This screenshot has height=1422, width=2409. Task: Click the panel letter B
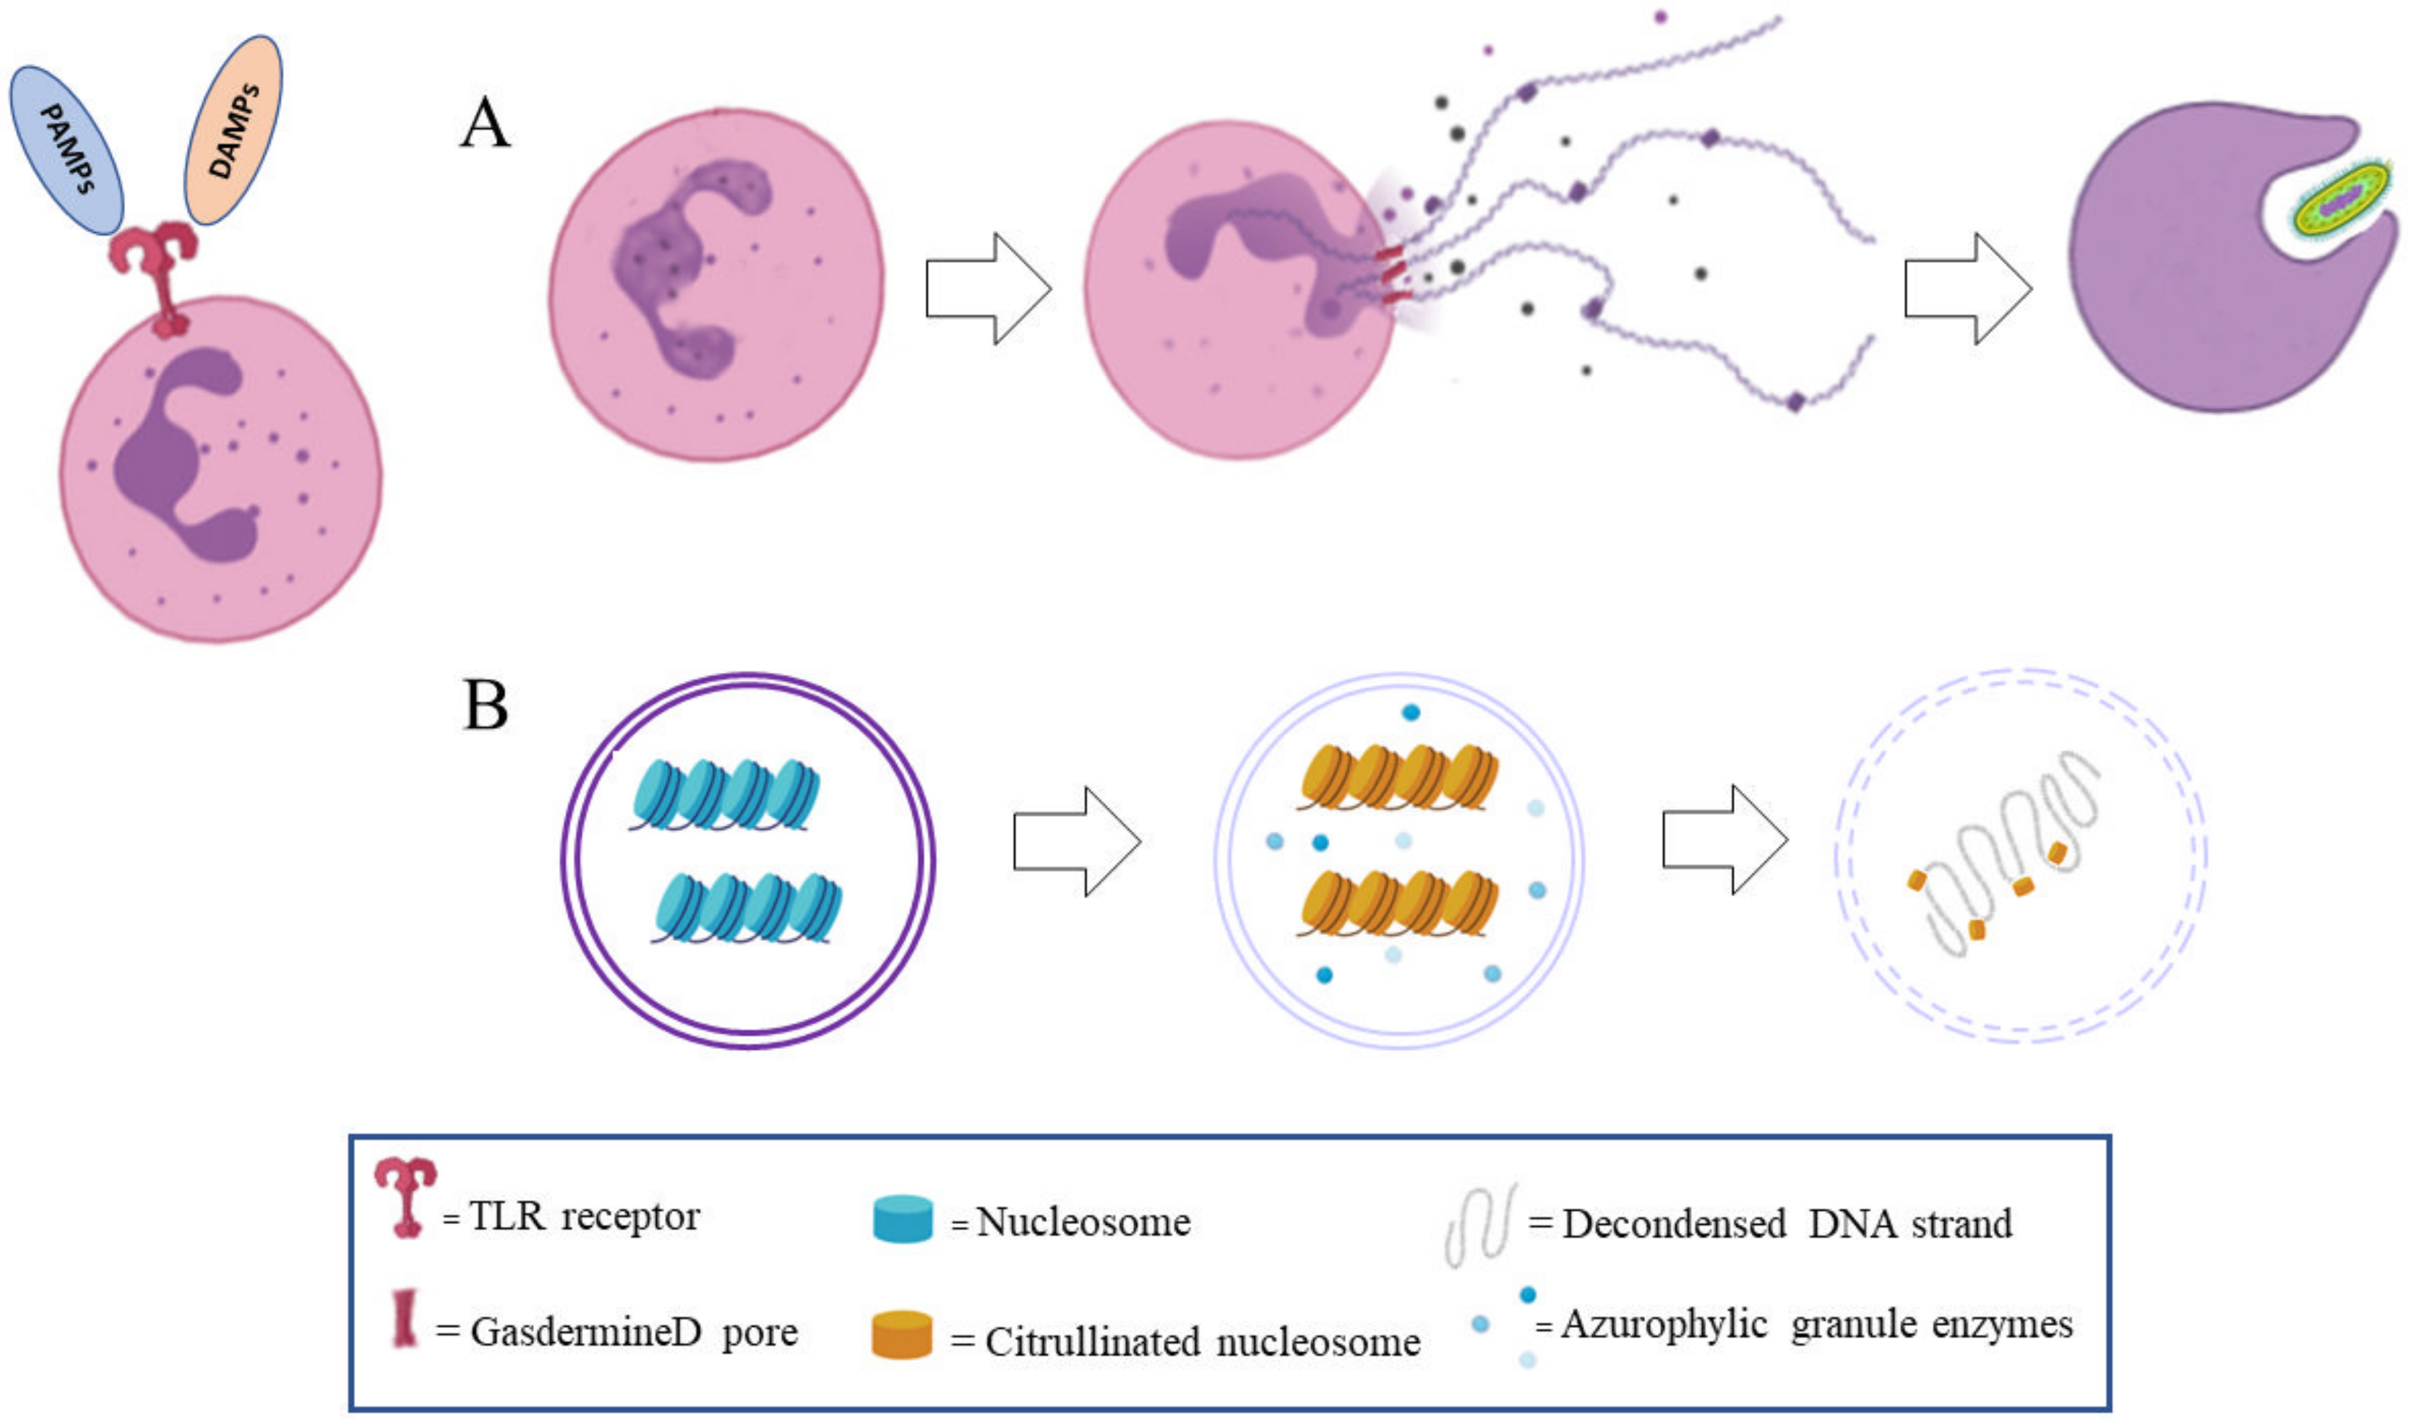click(485, 706)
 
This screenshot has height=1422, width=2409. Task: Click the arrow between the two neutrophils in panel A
click(987, 287)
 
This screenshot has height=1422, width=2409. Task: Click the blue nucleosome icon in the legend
click(902, 1219)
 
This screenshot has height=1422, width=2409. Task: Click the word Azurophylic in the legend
click(1663, 1324)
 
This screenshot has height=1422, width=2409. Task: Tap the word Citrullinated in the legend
click(1093, 1342)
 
